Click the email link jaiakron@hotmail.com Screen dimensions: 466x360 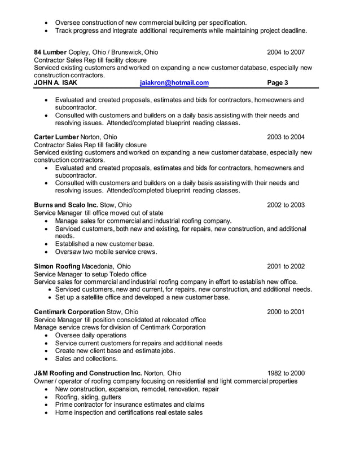tap(174, 83)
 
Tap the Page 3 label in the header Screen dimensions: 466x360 tap(278, 83)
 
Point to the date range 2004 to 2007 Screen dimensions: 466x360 tap(286, 52)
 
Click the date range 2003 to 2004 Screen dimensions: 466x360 tap(286, 137)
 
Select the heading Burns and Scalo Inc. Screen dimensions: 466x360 tap(66, 205)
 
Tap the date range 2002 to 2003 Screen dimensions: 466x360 tap(286, 205)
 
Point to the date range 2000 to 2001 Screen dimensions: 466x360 tap(286, 312)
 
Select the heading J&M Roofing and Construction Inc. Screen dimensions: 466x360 tap(88, 373)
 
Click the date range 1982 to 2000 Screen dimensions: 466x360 tap(286, 373)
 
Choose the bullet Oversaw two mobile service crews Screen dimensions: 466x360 tap(106, 252)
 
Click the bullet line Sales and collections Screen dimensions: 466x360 tap(86, 358)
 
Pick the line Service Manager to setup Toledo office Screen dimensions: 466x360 tap(90, 274)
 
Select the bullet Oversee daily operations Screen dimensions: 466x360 tap(90, 335)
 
